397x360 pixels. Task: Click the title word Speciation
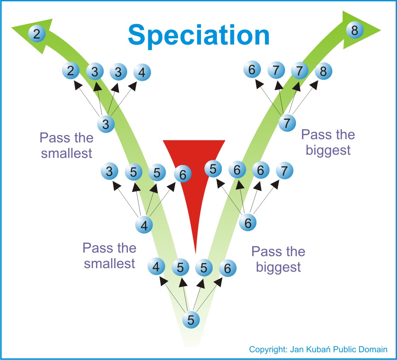199,35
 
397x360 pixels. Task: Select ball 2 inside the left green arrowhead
37,34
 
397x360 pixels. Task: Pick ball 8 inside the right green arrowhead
355,30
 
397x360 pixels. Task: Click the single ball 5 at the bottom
191,319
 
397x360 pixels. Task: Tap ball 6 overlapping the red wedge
183,174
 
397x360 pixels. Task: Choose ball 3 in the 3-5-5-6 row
109,171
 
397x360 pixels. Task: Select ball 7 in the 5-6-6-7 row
285,170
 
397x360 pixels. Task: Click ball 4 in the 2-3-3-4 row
142,72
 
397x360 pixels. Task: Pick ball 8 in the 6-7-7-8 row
323,71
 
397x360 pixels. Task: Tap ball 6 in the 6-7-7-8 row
252,69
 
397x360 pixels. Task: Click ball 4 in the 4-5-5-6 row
156,267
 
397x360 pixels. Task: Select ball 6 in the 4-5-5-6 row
227,268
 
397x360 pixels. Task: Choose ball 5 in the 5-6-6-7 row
213,169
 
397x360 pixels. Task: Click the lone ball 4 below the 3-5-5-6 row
144,225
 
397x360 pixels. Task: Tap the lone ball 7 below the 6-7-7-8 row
287,123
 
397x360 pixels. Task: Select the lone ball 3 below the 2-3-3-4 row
106,124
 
